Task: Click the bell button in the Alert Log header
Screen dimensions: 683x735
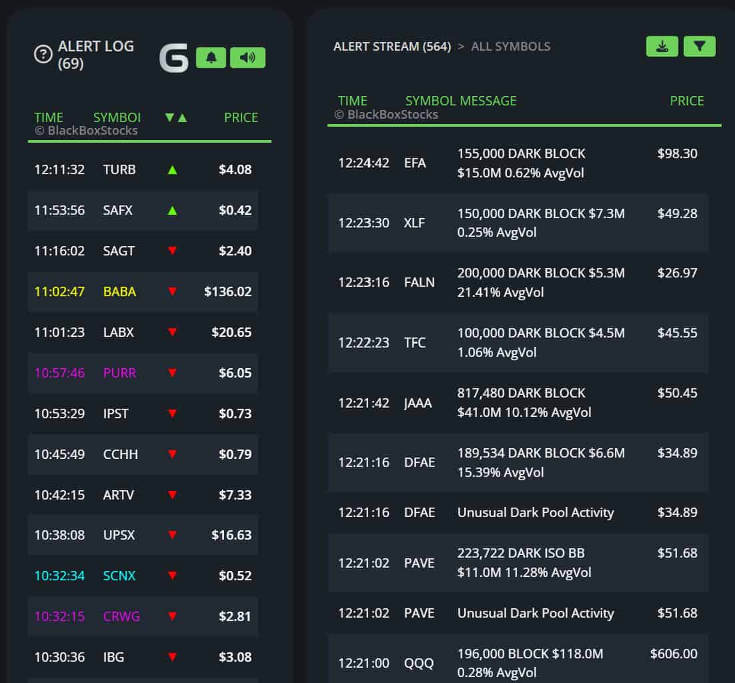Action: point(211,58)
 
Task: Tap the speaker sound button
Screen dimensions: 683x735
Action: point(247,58)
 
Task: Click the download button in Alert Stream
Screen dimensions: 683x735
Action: point(662,46)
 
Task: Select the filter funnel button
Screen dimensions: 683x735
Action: point(699,46)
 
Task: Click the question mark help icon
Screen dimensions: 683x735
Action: point(43,55)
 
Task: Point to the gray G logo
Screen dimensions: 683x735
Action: point(173,59)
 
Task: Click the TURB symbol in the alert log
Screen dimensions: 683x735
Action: point(119,169)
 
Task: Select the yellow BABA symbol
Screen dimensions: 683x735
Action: point(119,291)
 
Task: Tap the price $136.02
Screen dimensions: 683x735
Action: point(228,291)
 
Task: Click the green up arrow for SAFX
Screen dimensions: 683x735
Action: point(172,211)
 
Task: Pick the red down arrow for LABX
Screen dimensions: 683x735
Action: point(172,332)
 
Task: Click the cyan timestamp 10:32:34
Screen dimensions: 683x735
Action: point(59,576)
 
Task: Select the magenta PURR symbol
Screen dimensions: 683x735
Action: point(119,373)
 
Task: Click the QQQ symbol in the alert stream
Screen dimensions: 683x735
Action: point(419,663)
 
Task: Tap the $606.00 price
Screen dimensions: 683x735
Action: point(674,654)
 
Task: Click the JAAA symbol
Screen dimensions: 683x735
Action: point(418,403)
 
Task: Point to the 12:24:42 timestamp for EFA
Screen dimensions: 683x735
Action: point(363,163)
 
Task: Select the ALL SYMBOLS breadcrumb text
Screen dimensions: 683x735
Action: point(510,47)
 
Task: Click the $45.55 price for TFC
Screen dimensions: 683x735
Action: point(677,333)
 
